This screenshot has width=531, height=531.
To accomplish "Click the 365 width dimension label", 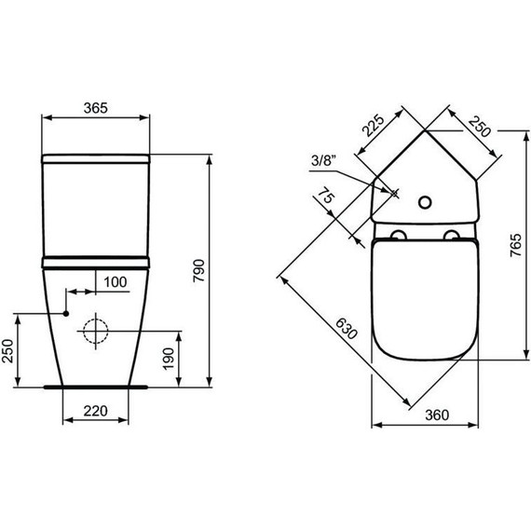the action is (x=96, y=108).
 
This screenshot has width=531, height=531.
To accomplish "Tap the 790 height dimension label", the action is (x=199, y=270).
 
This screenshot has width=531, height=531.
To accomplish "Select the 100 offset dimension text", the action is (x=116, y=282).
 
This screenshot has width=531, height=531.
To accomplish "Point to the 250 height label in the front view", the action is (x=7, y=351).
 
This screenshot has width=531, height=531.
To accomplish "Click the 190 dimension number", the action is (x=169, y=359).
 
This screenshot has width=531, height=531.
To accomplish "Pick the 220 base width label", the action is (x=96, y=411).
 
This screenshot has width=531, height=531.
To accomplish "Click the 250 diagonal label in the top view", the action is (x=480, y=127).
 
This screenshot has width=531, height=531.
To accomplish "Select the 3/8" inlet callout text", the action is (x=324, y=160).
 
